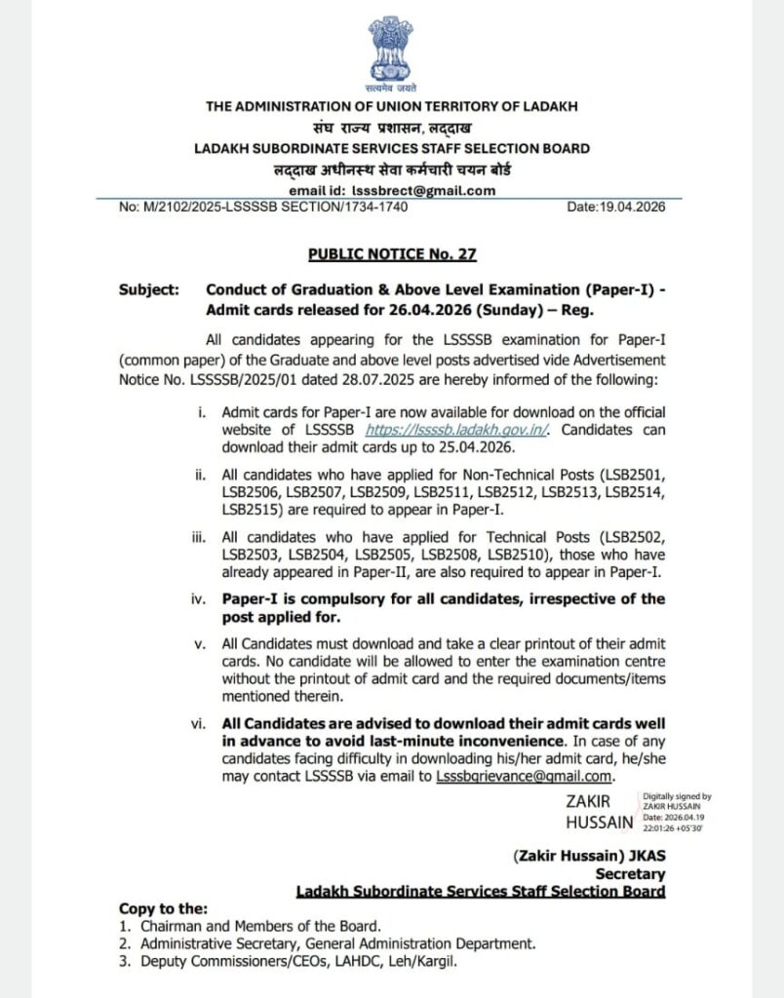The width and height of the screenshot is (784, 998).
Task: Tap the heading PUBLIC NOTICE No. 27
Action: [392, 254]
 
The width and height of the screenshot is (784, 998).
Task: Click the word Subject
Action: [148, 290]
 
